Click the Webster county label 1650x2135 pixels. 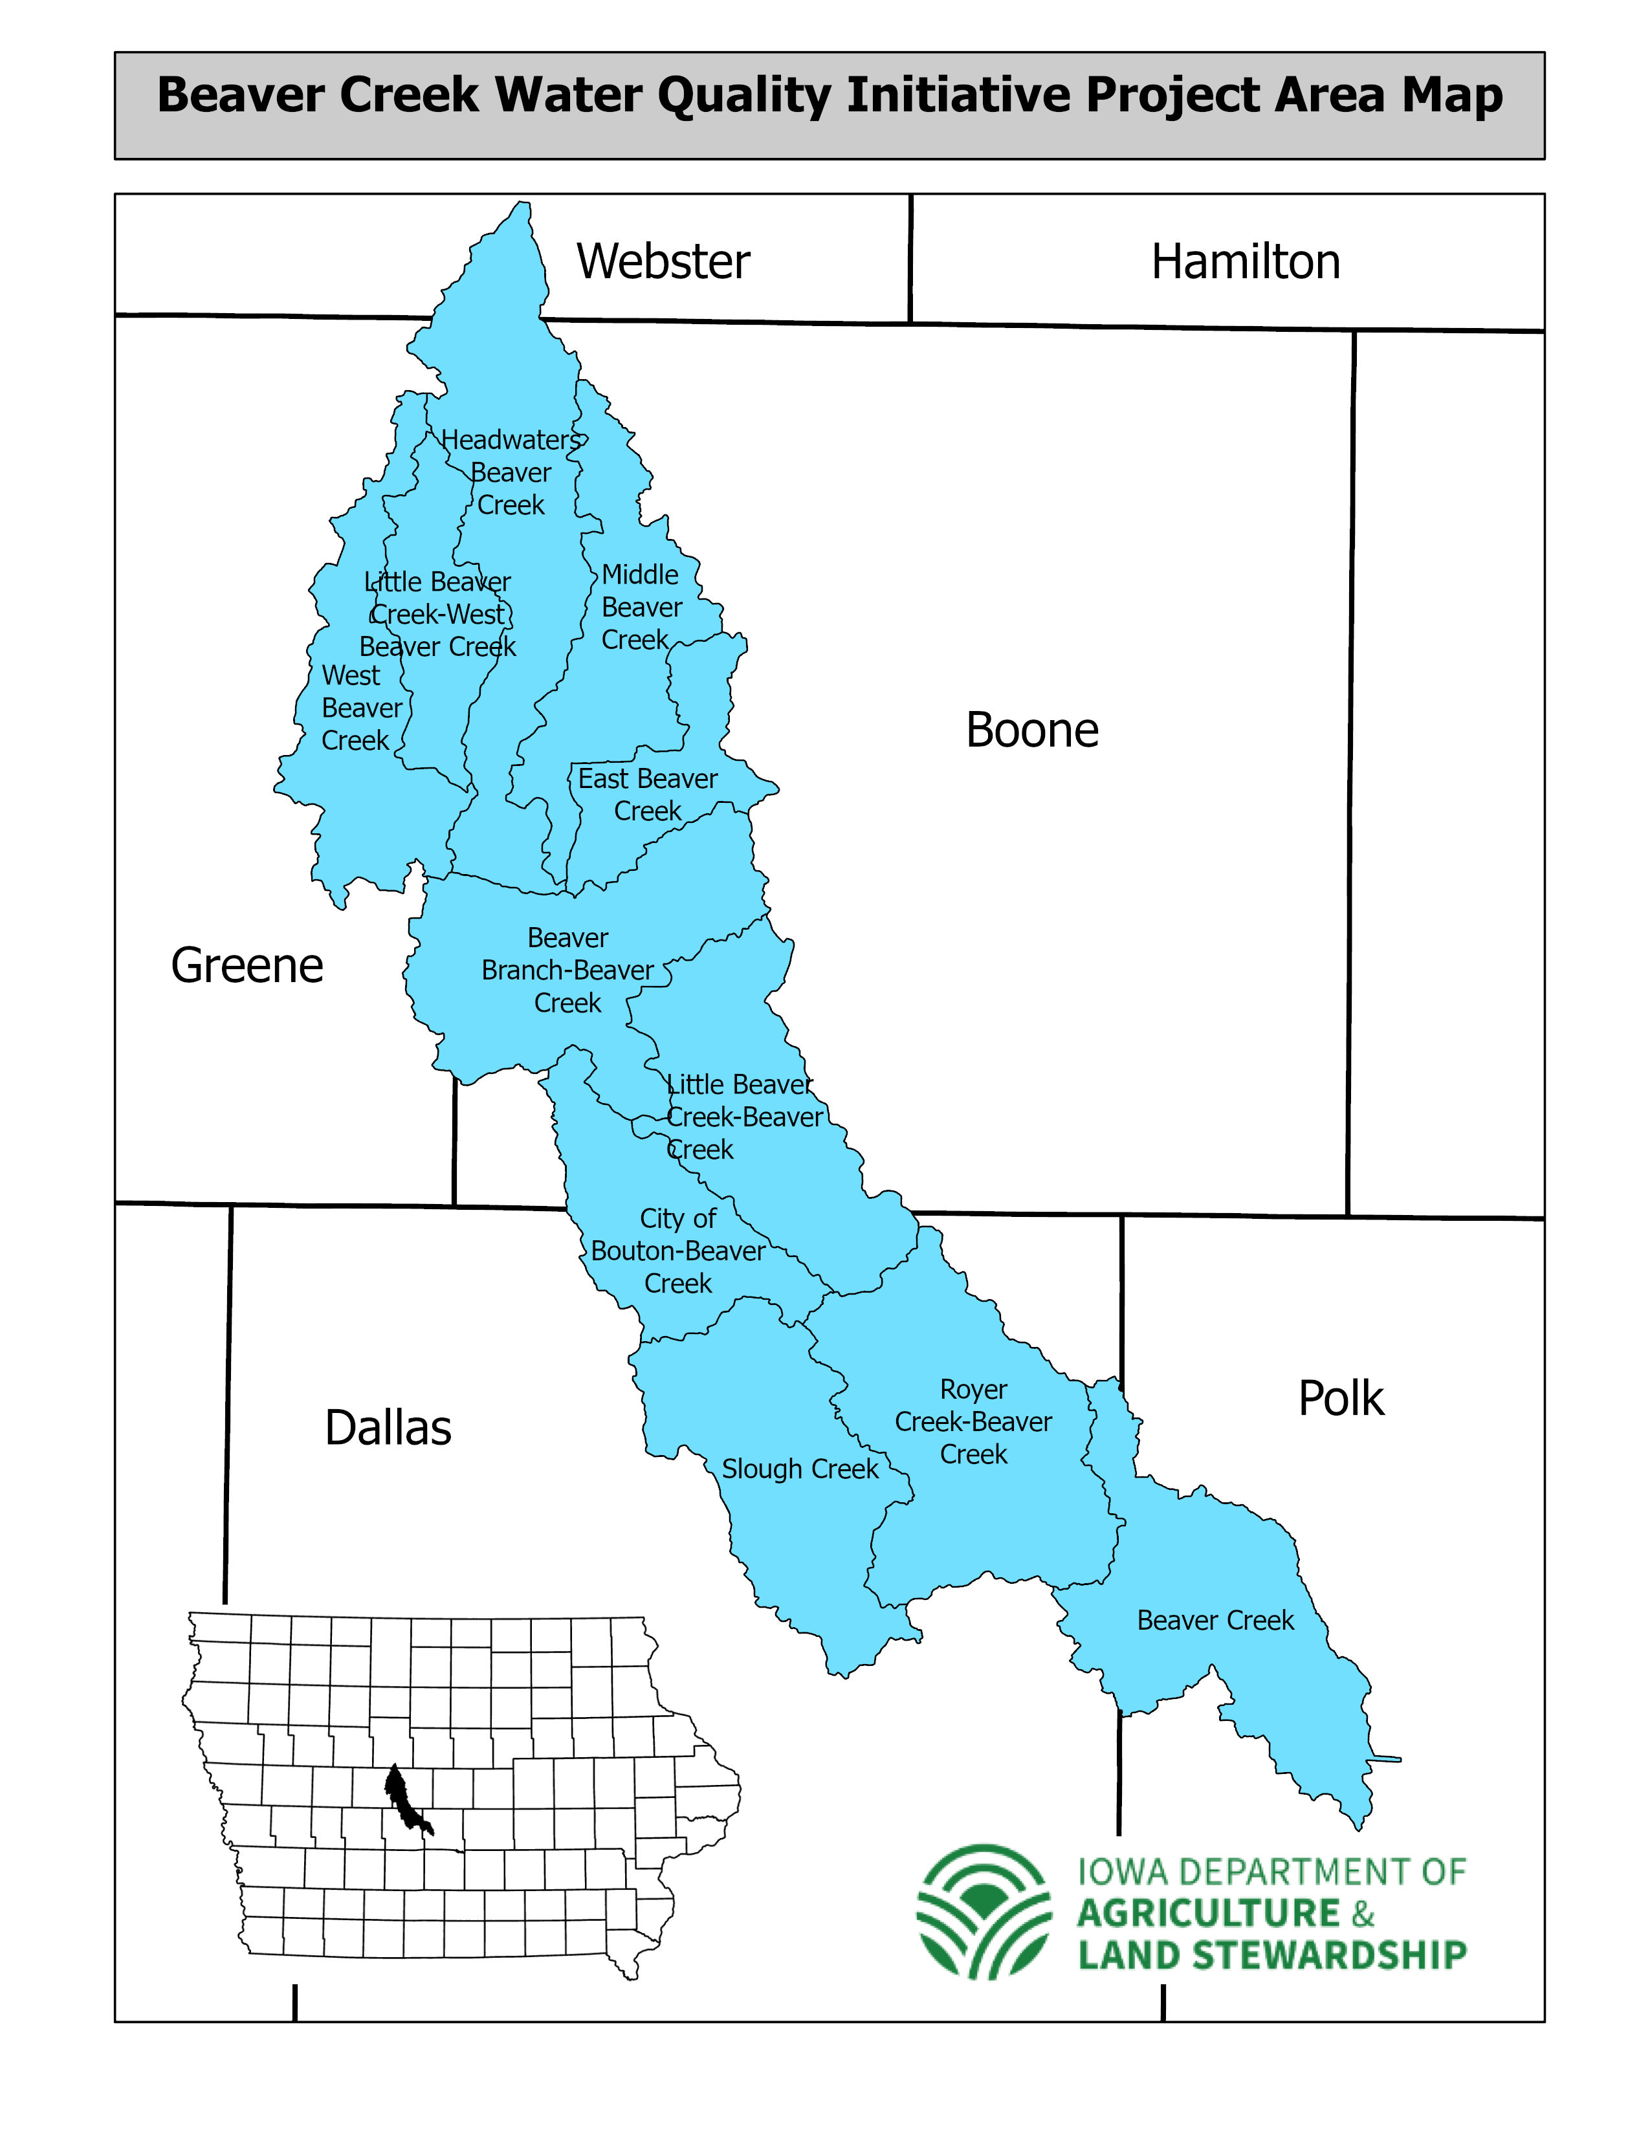pos(663,262)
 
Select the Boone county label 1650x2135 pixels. pos(1031,730)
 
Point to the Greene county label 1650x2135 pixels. pos(247,966)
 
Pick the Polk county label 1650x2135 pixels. pos(1340,1398)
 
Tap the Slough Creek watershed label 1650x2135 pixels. pos(800,1469)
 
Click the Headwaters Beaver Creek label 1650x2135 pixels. pos(511,473)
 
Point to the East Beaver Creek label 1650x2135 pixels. pos(647,794)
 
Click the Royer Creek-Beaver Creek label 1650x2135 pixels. pos(973,1421)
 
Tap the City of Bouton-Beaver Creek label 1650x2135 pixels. pos(677,1251)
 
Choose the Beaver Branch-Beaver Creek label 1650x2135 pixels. pos(567,970)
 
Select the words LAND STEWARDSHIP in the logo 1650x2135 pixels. pos(1271,1955)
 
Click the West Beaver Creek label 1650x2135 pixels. pos(360,708)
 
